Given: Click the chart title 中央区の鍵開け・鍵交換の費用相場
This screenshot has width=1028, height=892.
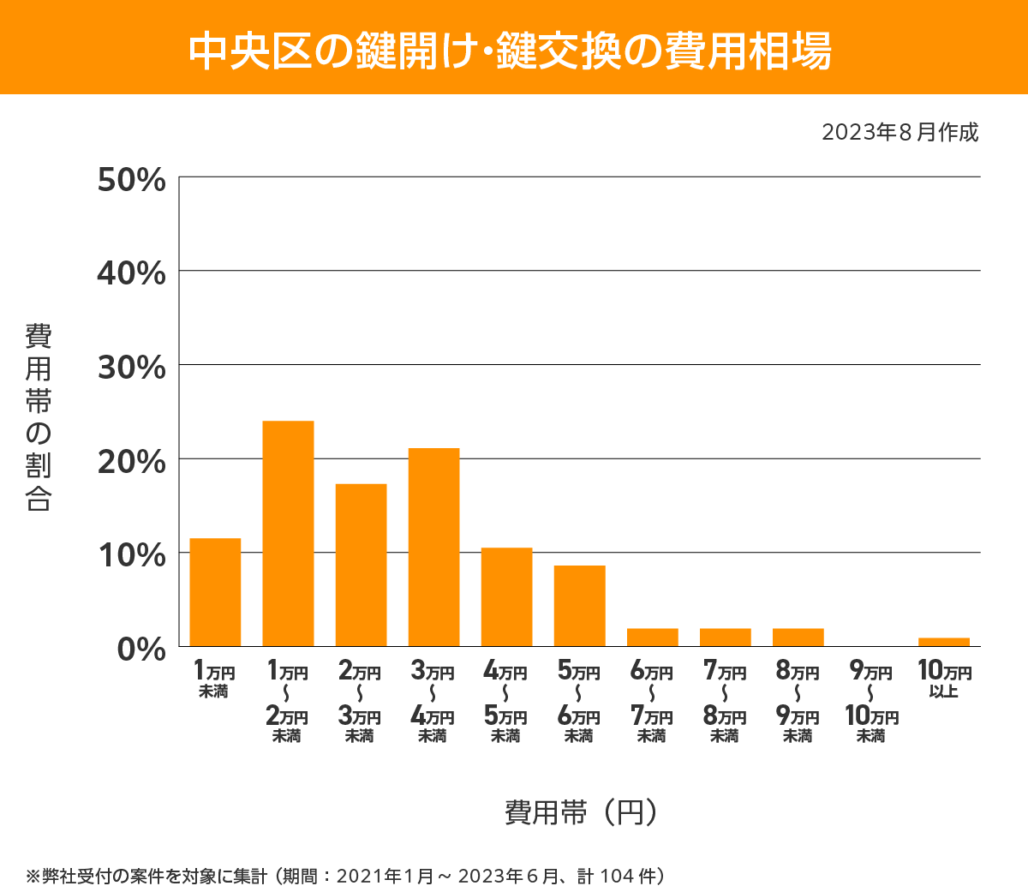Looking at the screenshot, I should [510, 51].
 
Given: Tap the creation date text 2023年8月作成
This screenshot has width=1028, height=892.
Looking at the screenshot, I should [899, 133].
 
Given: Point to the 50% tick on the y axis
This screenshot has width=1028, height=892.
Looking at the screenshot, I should [131, 180].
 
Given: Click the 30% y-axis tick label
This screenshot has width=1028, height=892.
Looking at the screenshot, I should [131, 368].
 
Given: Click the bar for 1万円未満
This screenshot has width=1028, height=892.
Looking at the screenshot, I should [215, 592].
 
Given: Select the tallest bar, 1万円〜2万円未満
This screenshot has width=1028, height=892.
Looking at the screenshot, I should [288, 533].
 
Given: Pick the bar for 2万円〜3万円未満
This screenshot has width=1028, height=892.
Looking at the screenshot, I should [361, 565].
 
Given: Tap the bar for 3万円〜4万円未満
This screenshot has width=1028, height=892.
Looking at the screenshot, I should [433, 547].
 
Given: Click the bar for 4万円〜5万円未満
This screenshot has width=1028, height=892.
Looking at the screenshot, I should [506, 596].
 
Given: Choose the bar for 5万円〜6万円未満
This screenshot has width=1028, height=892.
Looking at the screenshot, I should [579, 606].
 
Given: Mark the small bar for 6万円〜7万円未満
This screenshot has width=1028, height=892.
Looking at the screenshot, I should [652, 638].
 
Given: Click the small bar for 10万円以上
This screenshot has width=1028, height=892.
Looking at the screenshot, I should [943, 642].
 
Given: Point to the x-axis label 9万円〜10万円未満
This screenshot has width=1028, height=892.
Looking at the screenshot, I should [871, 703].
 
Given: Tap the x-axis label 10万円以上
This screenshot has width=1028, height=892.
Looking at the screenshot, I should [944, 679].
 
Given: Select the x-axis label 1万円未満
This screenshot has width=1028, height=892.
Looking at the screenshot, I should [214, 679].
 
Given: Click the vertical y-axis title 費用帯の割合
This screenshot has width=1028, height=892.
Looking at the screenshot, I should [39, 417].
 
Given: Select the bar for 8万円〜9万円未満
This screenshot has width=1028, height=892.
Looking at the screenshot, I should [798, 638].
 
